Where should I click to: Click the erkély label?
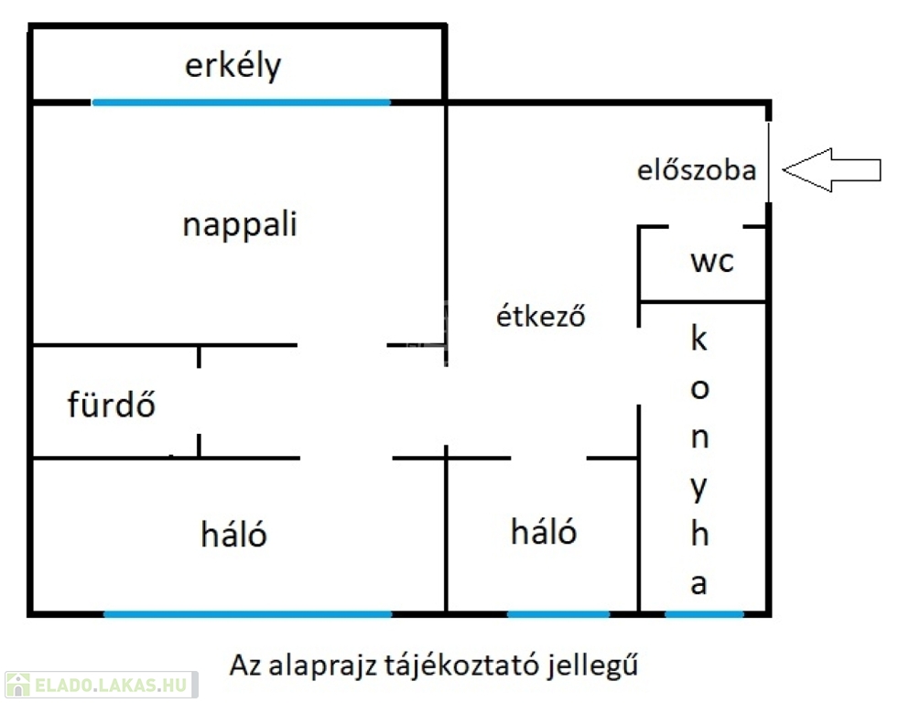(x=233, y=67)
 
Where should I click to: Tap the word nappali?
(x=240, y=225)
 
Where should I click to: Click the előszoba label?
(x=697, y=169)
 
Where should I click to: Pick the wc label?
(x=712, y=262)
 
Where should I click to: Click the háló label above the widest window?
(x=233, y=534)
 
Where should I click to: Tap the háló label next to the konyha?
(x=544, y=531)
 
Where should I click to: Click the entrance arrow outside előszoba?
(x=831, y=170)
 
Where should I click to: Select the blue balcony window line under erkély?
(x=241, y=103)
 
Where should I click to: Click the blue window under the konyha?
(x=704, y=613)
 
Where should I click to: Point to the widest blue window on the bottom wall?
(x=248, y=613)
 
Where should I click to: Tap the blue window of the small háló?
(x=558, y=613)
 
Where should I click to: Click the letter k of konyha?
(x=699, y=338)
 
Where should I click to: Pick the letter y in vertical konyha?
(x=699, y=489)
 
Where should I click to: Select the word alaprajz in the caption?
(x=322, y=665)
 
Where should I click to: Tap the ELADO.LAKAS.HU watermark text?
(x=111, y=685)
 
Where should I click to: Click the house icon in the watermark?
(x=18, y=685)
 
